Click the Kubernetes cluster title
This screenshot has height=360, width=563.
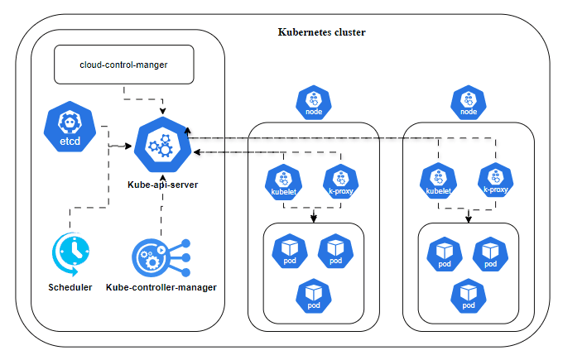pos(320,32)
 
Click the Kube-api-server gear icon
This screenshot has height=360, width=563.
pos(161,146)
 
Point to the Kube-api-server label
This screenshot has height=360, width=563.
pos(162,182)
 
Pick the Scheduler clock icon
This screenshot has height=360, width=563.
pos(70,253)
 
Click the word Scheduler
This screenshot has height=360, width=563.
pos(70,287)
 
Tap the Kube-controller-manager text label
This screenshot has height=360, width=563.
pos(161,287)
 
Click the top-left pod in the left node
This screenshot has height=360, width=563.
pos(290,251)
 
